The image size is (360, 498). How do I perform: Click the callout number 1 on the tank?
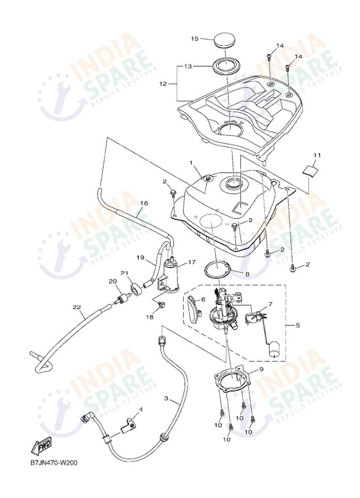[x=191, y=163]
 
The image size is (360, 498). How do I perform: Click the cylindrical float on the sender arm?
[x=275, y=350]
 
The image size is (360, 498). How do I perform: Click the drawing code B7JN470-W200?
[x=54, y=462]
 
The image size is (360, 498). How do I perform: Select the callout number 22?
[x=76, y=307]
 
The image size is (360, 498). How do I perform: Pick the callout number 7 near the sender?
[x=270, y=305]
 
